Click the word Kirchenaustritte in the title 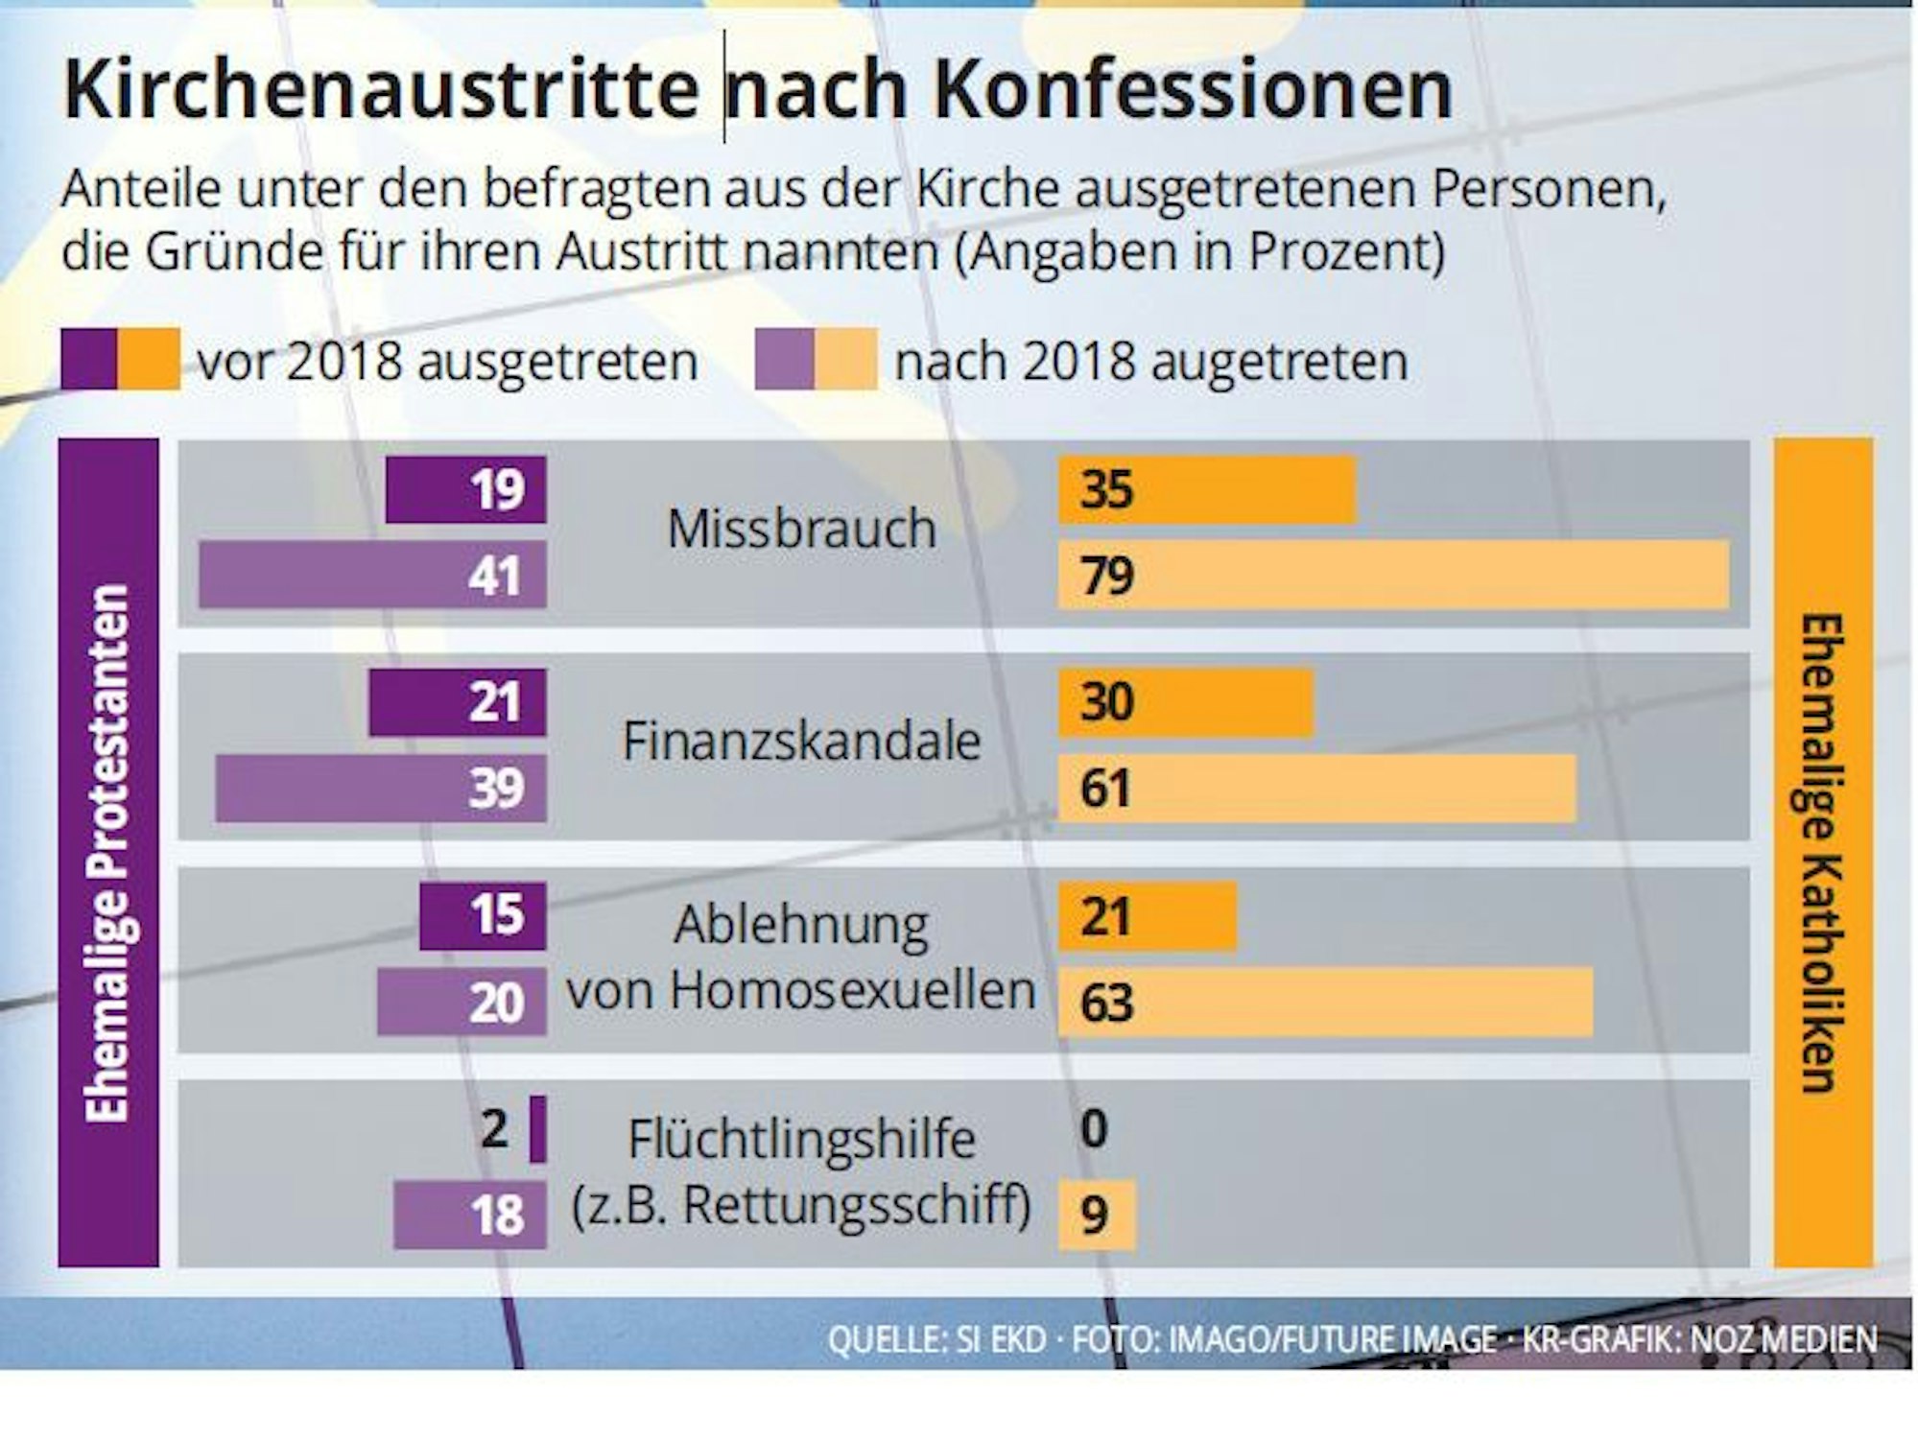[381, 89]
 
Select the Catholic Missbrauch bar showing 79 [1393, 575]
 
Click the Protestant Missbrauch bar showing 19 [465, 490]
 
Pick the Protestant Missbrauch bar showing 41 [372, 575]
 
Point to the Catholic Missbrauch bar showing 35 [1207, 490]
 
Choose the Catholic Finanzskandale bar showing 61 [1316, 788]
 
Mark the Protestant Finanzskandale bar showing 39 [381, 788]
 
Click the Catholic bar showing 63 [1325, 1002]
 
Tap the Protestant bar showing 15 [483, 915]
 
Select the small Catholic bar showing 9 [1097, 1215]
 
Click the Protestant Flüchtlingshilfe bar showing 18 [470, 1215]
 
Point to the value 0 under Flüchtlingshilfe [1094, 1129]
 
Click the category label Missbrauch [801, 529]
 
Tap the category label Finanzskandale [801, 742]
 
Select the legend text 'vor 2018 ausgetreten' [447, 362]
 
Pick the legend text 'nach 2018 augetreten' [1151, 362]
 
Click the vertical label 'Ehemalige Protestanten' [107, 853]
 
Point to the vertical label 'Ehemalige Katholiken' [1822, 853]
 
